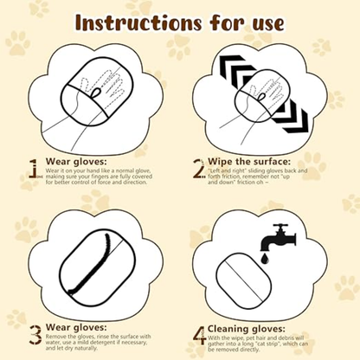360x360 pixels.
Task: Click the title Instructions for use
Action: tap(179, 21)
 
